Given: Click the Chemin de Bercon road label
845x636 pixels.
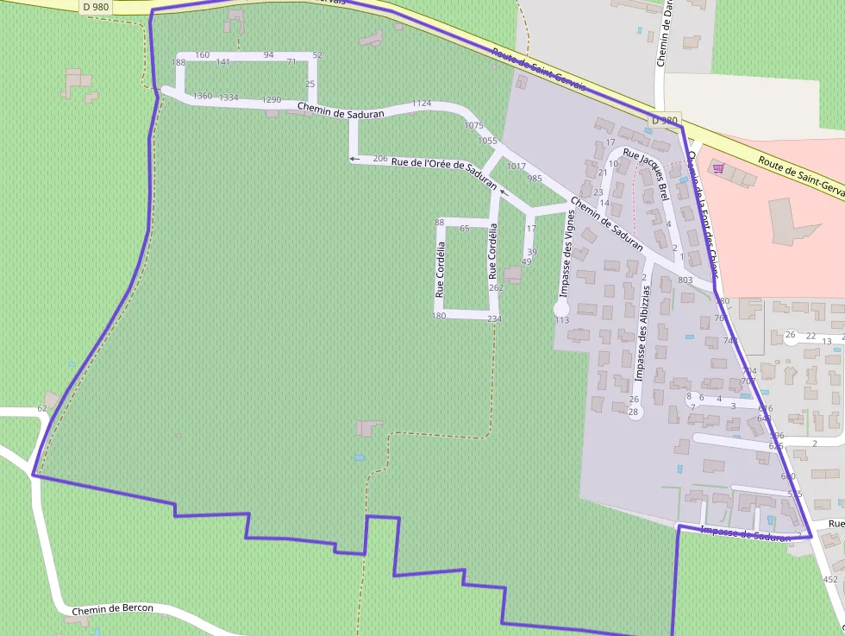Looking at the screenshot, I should click(x=112, y=609).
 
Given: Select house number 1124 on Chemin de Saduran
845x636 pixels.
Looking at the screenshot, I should click(x=421, y=104).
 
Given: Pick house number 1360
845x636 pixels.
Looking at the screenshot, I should click(x=203, y=96).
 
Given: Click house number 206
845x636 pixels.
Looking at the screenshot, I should click(x=380, y=159).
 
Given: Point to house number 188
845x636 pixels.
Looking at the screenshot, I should click(x=178, y=62).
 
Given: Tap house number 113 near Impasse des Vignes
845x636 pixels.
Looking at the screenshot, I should click(x=562, y=320).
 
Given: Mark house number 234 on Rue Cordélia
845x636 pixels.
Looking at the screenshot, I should click(x=494, y=319).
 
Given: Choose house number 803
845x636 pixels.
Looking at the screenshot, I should click(x=685, y=280).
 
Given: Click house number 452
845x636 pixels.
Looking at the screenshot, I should click(x=830, y=579).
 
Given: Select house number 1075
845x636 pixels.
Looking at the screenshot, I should click(x=473, y=126).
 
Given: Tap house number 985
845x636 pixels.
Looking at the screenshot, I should click(x=535, y=179).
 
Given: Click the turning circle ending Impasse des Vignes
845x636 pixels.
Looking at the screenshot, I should click(x=561, y=307).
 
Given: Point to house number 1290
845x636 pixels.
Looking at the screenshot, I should click(x=272, y=100).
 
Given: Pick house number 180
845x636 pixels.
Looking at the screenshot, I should click(x=439, y=316).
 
